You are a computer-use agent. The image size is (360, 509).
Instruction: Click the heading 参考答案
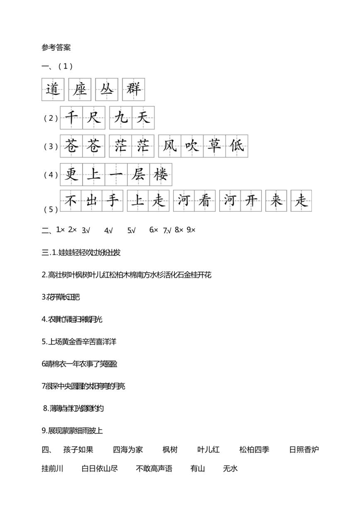coord(56,47)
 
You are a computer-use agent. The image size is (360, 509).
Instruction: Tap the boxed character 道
coord(53,89)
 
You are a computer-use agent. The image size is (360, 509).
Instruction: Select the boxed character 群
coord(133,89)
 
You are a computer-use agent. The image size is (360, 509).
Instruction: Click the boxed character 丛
coord(107,89)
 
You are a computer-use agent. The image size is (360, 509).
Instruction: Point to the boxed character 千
coord(71,118)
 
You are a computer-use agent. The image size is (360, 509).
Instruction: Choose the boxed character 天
coord(143,118)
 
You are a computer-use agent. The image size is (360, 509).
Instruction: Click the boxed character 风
coord(170,146)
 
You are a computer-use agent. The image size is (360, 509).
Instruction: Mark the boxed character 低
coord(237,146)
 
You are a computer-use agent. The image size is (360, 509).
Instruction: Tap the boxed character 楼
coord(160,175)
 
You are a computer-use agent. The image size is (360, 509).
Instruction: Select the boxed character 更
coord(71,175)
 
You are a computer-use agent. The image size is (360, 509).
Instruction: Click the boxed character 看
coord(204,201)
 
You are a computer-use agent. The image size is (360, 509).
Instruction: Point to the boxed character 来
coord(276,201)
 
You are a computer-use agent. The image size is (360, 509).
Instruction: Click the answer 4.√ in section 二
coord(108,230)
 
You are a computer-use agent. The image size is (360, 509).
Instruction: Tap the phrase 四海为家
coord(128,450)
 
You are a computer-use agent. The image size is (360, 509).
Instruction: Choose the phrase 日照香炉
coord(304,450)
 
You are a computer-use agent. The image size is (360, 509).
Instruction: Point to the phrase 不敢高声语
coord(154,469)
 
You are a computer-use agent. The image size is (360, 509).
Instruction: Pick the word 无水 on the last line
coord(230,469)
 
